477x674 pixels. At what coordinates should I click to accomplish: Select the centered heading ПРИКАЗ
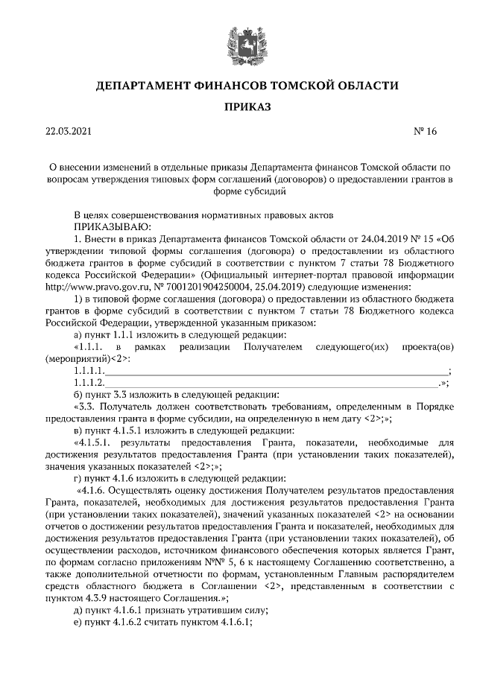click(238, 108)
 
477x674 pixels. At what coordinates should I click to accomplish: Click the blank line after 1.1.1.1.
click(277, 370)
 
